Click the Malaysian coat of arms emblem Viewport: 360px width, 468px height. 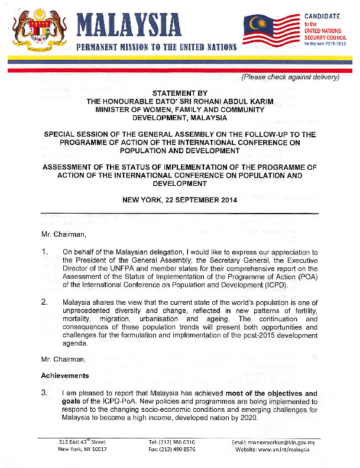37,30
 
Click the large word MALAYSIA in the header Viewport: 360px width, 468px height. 129,25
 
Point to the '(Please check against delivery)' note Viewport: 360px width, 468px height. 290,78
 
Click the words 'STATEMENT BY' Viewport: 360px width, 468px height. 180,93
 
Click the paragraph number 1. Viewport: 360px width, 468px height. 44,252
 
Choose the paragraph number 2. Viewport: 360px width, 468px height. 44,303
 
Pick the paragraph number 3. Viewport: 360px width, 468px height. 44,393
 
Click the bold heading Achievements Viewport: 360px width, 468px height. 65,376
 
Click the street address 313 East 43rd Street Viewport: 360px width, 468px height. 82,442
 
